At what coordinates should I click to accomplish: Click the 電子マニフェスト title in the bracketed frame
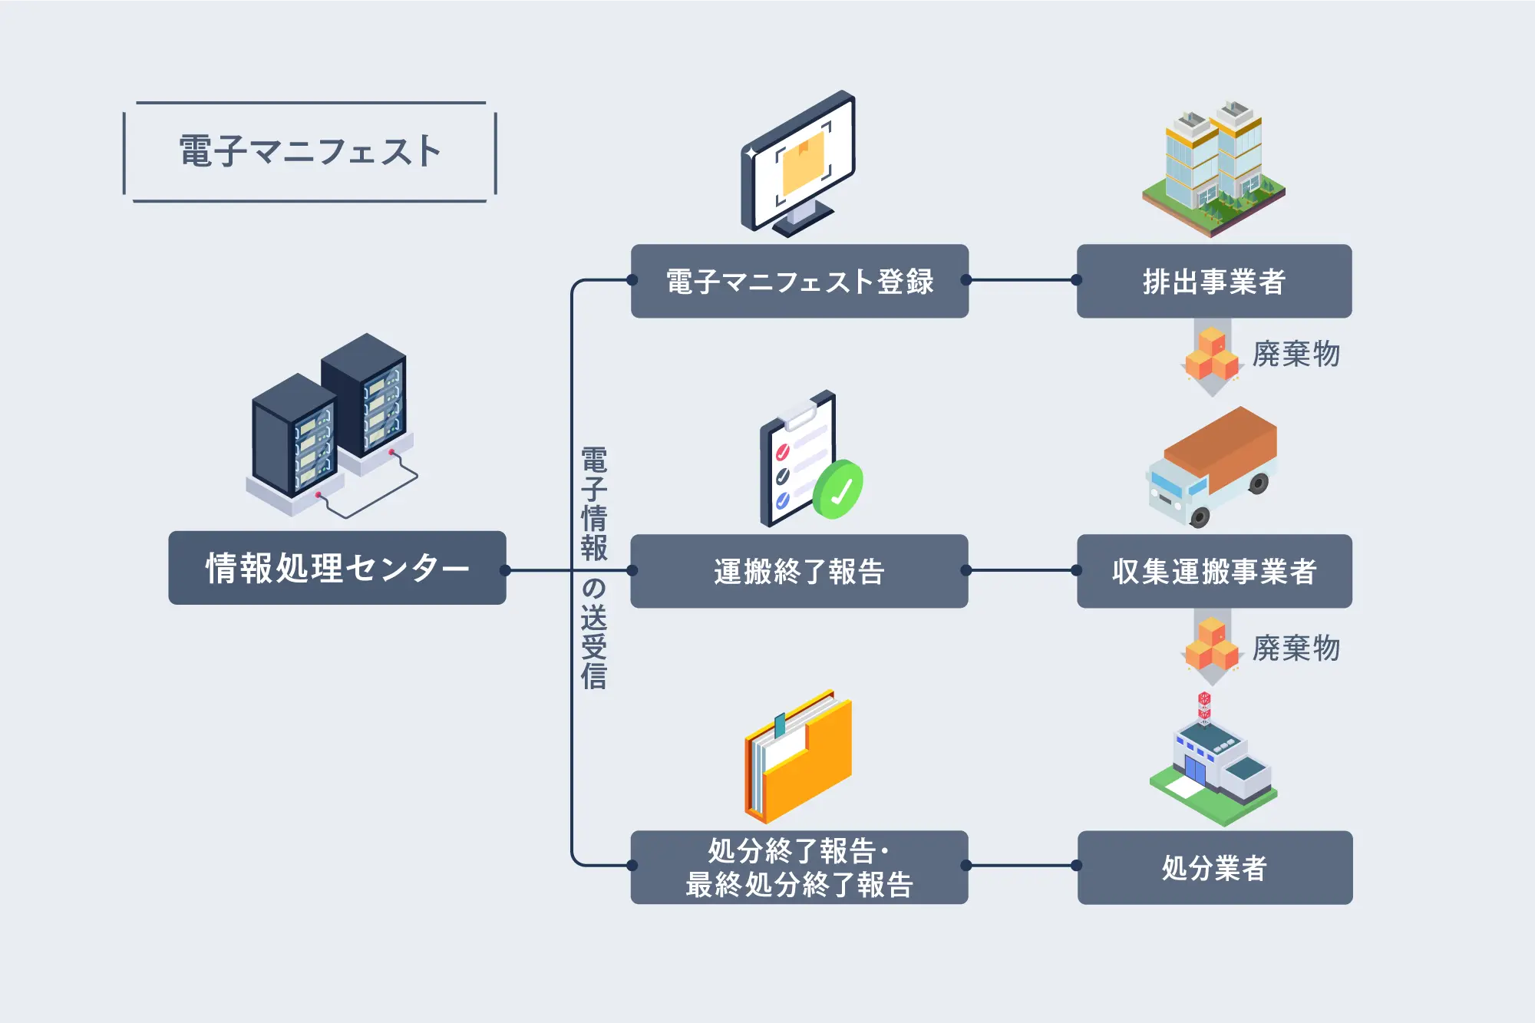pyautogui.click(x=310, y=151)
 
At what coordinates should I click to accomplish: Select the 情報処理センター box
pyautogui.click(x=337, y=568)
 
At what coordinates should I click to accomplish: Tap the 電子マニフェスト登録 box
pyautogui.click(x=799, y=281)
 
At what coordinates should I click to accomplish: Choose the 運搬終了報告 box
pyautogui.click(x=799, y=571)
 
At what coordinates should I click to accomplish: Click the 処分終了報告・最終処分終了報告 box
pyautogui.click(x=799, y=867)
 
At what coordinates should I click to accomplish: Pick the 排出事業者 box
pyautogui.click(x=1213, y=281)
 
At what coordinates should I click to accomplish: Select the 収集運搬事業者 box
pyautogui.click(x=1213, y=571)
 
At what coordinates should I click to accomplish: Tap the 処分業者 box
pyautogui.click(x=1214, y=867)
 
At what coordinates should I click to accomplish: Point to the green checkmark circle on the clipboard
pyautogui.click(x=838, y=490)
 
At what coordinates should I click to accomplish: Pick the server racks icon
pyautogui.click(x=330, y=426)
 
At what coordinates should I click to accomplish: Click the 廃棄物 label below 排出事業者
pyautogui.click(x=1296, y=354)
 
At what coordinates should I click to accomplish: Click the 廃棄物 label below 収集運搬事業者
pyautogui.click(x=1296, y=648)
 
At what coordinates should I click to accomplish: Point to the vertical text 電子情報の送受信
pyautogui.click(x=593, y=568)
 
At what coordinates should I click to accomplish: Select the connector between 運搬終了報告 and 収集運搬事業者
pyautogui.click(x=1022, y=570)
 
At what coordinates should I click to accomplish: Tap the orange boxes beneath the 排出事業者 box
pyautogui.click(x=1212, y=355)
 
